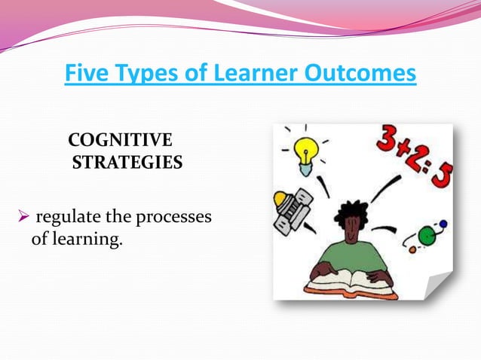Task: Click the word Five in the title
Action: tap(86, 75)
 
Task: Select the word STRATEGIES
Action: tap(127, 162)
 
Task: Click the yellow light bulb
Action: tap(305, 152)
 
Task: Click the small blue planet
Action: tap(443, 224)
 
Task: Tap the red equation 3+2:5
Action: tap(414, 158)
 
